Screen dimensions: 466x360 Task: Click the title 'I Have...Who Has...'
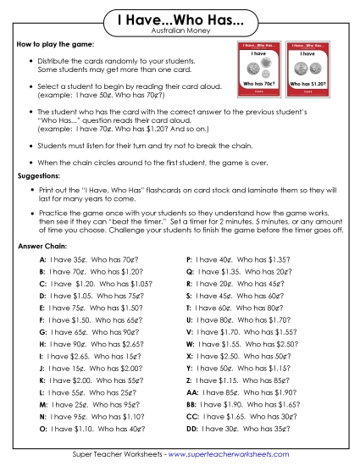click(180, 18)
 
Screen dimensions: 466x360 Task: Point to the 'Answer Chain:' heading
click(42, 246)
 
